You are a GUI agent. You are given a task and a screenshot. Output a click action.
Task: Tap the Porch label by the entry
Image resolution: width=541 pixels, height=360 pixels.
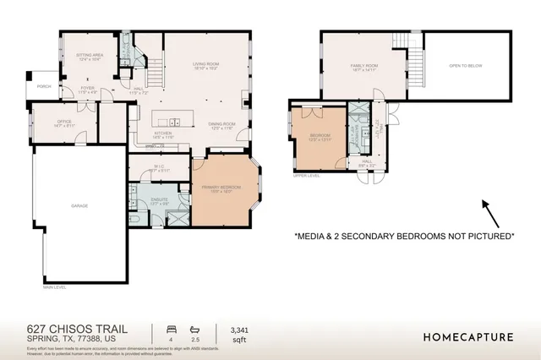[44, 86]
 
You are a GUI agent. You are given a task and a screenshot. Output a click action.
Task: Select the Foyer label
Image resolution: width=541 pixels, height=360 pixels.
[88, 88]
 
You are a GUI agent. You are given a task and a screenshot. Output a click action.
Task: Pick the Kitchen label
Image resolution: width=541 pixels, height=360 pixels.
[164, 133]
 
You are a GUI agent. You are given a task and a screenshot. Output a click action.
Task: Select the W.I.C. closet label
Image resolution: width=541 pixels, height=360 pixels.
[158, 166]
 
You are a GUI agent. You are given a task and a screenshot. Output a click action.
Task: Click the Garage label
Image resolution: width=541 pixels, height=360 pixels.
[79, 205]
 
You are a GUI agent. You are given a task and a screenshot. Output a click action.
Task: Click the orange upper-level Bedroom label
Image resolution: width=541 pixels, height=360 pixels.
[320, 135]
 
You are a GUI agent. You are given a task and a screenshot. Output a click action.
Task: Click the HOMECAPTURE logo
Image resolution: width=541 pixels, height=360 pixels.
[467, 336]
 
